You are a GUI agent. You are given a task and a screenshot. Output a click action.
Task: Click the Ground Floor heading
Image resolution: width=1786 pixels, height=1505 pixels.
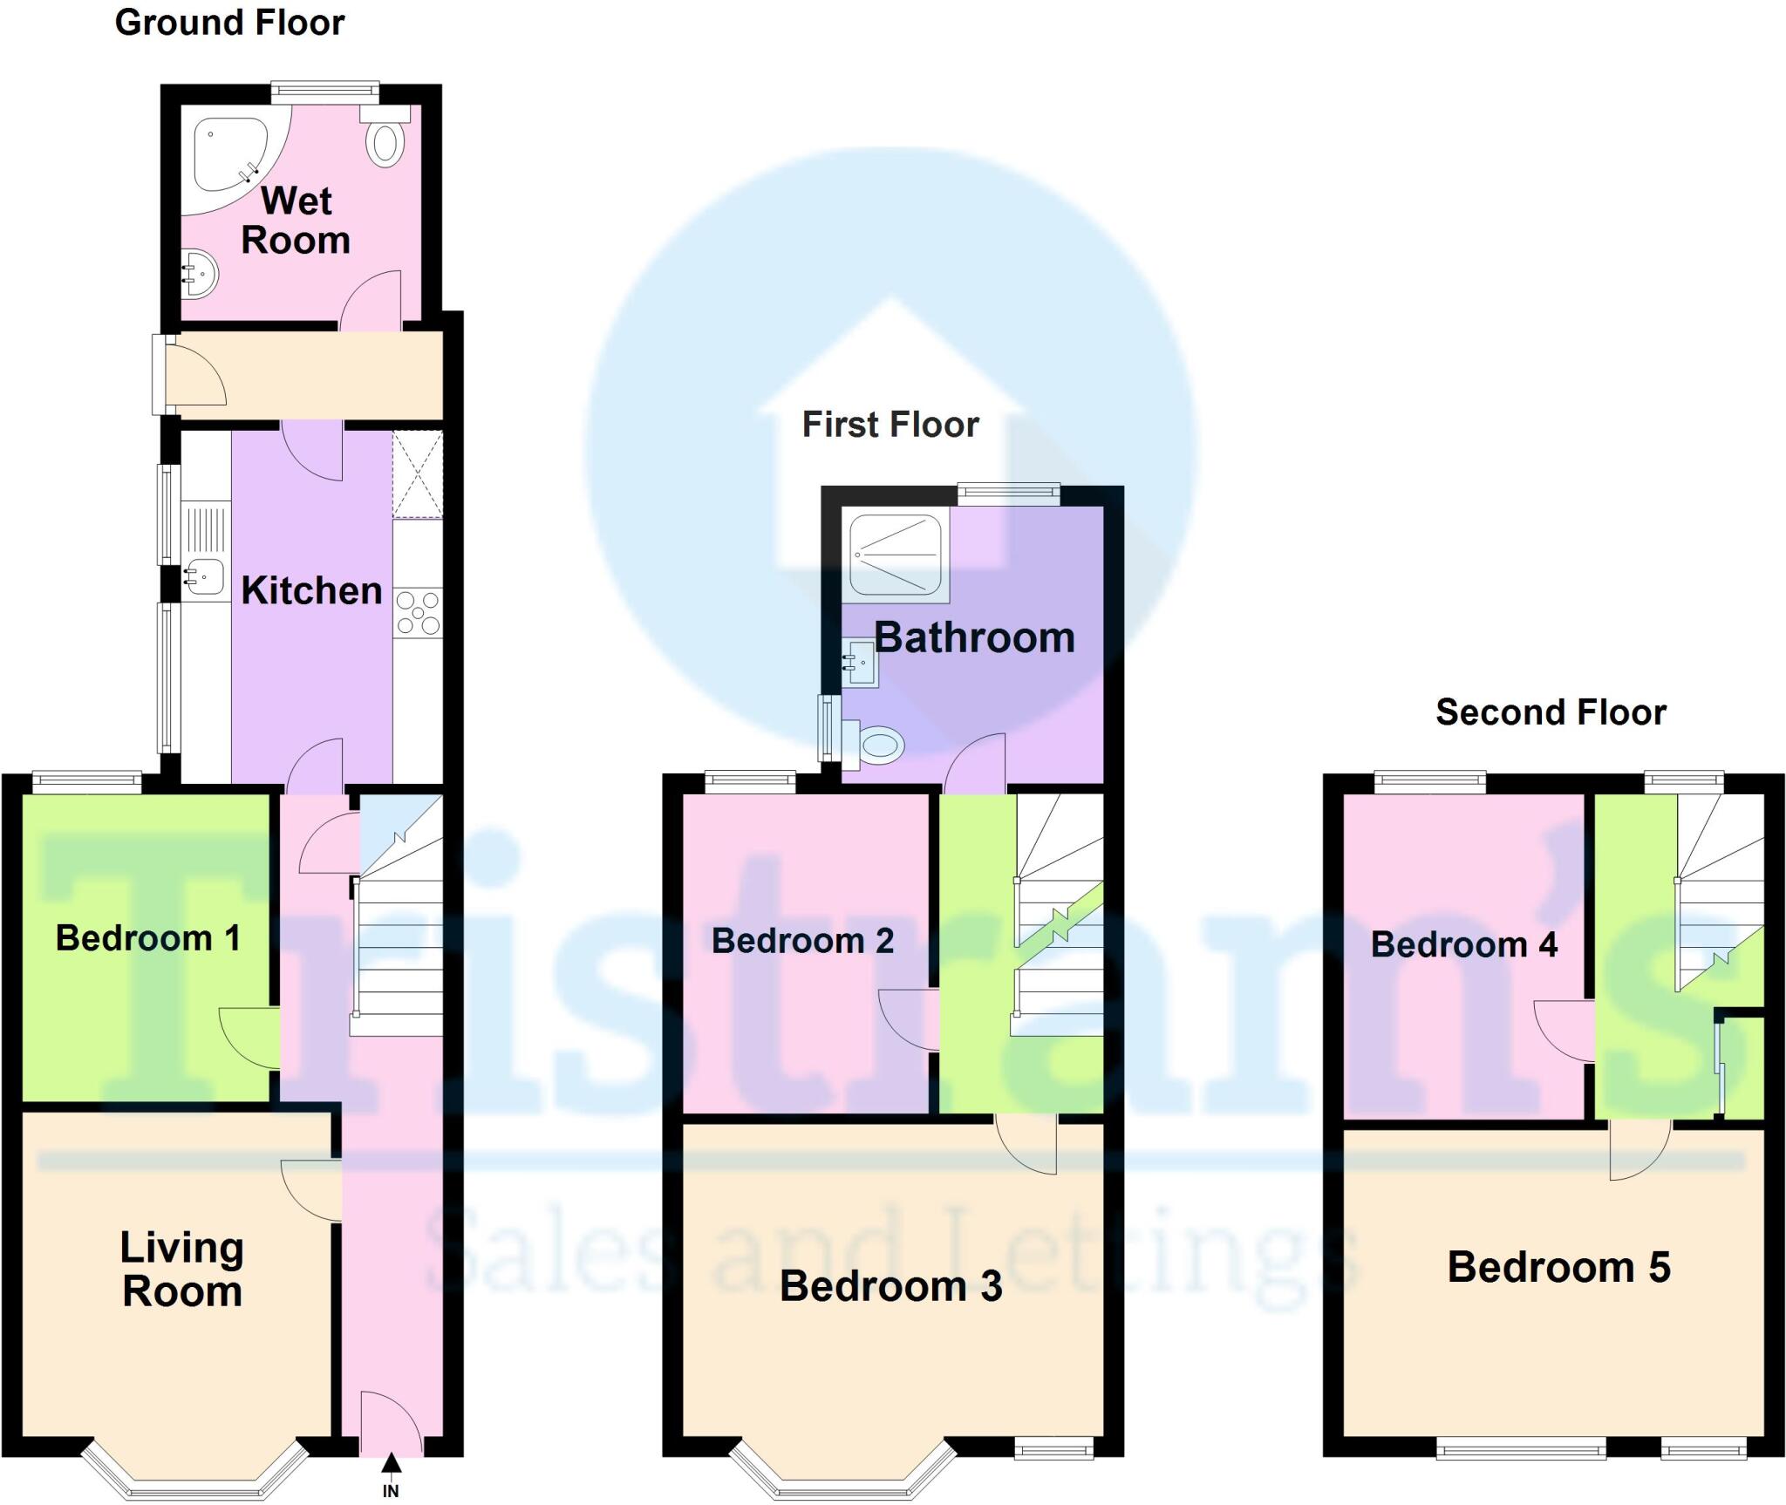coord(229,23)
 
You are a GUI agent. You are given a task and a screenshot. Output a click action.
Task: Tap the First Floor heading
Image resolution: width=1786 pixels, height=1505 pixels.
coord(890,425)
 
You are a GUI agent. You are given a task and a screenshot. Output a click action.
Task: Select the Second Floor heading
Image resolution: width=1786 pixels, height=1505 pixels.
coord(1551,712)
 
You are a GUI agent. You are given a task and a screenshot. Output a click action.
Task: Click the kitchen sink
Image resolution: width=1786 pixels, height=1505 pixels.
coord(203,575)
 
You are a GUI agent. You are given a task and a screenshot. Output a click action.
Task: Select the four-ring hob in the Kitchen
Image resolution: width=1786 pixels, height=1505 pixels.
coord(418,613)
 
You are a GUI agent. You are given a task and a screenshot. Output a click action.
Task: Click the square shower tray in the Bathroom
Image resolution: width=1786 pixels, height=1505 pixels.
coord(896,555)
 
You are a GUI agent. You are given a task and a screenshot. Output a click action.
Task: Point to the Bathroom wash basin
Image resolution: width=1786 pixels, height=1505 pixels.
coord(860,664)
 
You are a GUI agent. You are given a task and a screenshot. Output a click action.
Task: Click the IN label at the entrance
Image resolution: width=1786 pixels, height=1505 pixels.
coord(391,1491)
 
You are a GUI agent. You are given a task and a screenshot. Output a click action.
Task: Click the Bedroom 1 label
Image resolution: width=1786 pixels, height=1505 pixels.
coord(147,938)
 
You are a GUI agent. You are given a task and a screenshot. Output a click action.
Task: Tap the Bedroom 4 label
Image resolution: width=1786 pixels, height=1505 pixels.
coord(1463,944)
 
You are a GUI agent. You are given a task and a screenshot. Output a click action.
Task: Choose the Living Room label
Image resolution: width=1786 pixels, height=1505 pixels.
coord(181,1269)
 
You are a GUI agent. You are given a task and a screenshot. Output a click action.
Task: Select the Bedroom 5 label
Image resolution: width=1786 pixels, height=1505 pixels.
coord(1558,1267)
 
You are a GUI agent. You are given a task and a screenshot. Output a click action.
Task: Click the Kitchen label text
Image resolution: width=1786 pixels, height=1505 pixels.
coord(311,590)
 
